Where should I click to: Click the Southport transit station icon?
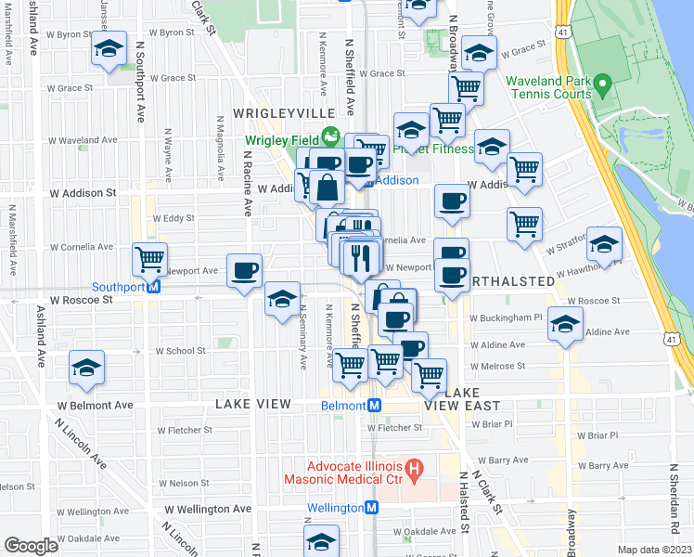155,287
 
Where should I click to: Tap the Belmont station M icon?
372,406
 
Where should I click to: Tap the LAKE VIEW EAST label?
462,406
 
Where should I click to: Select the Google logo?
31,546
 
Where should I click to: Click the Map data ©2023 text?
654,550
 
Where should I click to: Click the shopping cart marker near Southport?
149,259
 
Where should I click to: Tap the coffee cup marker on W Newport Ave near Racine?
244,270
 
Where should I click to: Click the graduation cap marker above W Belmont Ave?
87,367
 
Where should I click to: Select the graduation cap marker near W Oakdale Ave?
321,540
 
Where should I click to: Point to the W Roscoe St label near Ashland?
82,301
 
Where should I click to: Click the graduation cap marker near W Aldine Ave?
564,323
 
